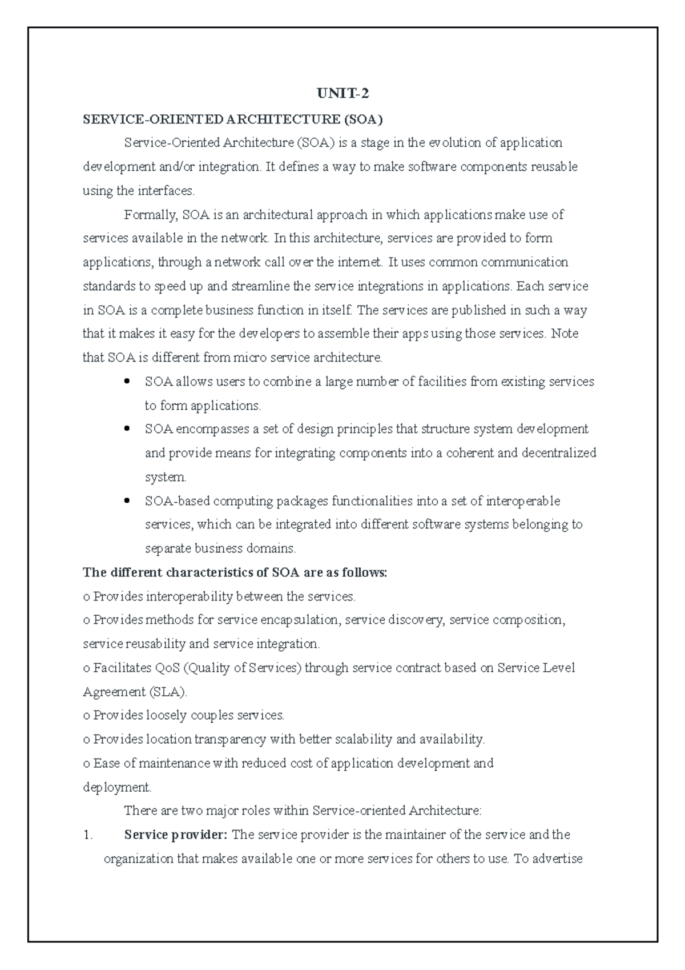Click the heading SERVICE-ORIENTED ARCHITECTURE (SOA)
tap(233, 119)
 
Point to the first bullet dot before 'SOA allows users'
tap(127, 380)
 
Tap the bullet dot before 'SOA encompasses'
tap(127, 428)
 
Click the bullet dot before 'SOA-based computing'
tap(127, 500)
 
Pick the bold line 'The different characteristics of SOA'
tap(235, 572)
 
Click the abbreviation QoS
tap(167, 668)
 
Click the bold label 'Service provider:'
tap(175, 835)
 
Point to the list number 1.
tap(87, 835)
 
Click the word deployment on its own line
tap(116, 787)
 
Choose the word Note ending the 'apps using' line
tap(565, 334)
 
